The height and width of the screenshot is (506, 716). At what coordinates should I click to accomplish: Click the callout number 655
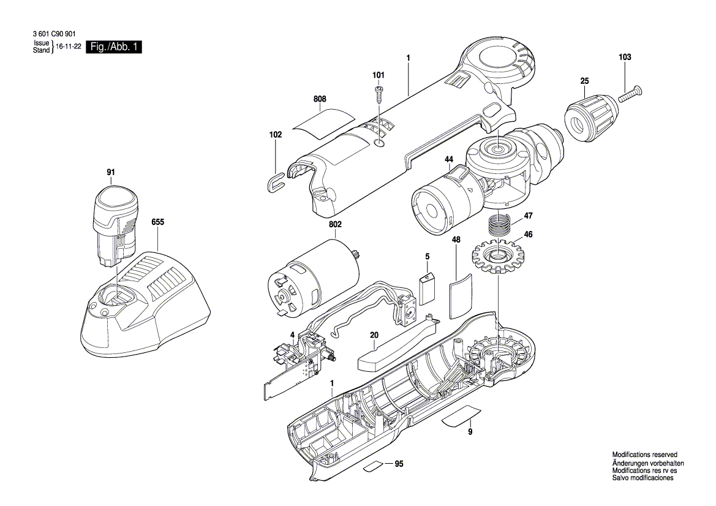point(157,224)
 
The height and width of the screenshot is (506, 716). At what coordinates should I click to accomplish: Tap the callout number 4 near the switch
point(292,334)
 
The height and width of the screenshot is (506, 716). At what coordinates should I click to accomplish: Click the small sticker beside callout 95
point(375,466)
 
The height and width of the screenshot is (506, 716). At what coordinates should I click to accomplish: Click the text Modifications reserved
point(644,455)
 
